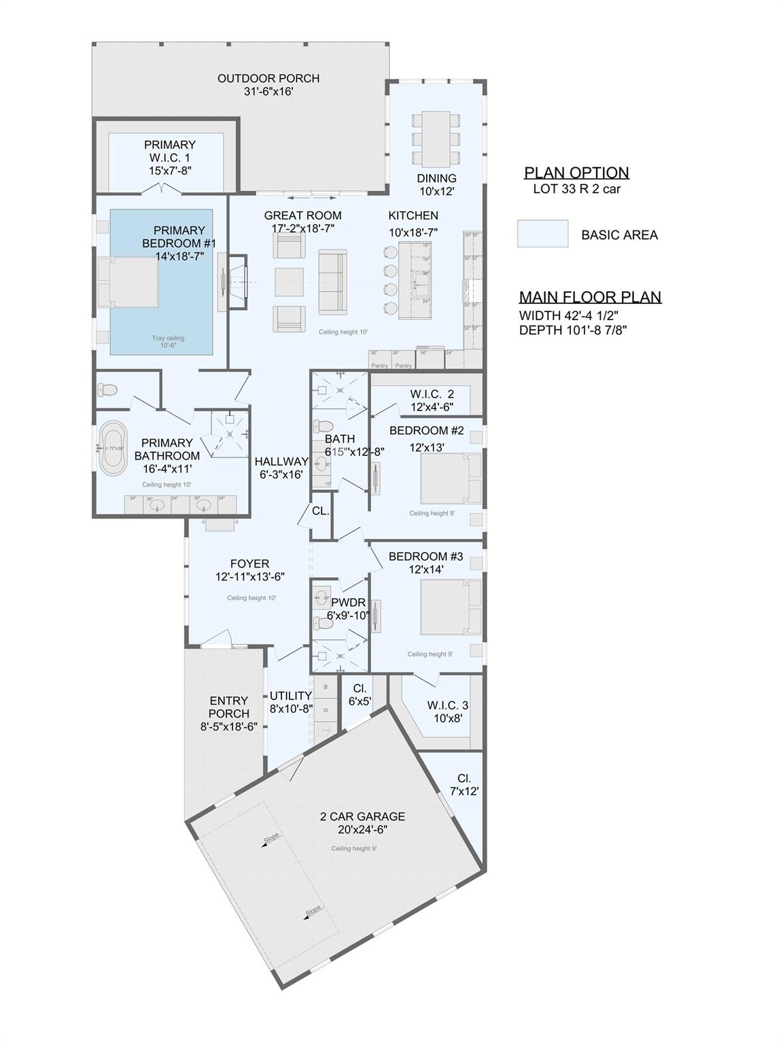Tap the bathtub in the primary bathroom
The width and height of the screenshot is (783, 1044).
[x=113, y=449]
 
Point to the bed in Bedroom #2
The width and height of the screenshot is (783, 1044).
[x=451, y=478]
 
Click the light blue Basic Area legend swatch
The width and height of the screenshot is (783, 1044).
[x=542, y=234]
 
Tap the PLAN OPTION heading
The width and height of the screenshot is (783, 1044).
[x=576, y=173]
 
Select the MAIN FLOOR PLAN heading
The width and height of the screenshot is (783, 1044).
[x=590, y=297]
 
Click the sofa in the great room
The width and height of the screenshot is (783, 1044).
[x=332, y=282]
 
